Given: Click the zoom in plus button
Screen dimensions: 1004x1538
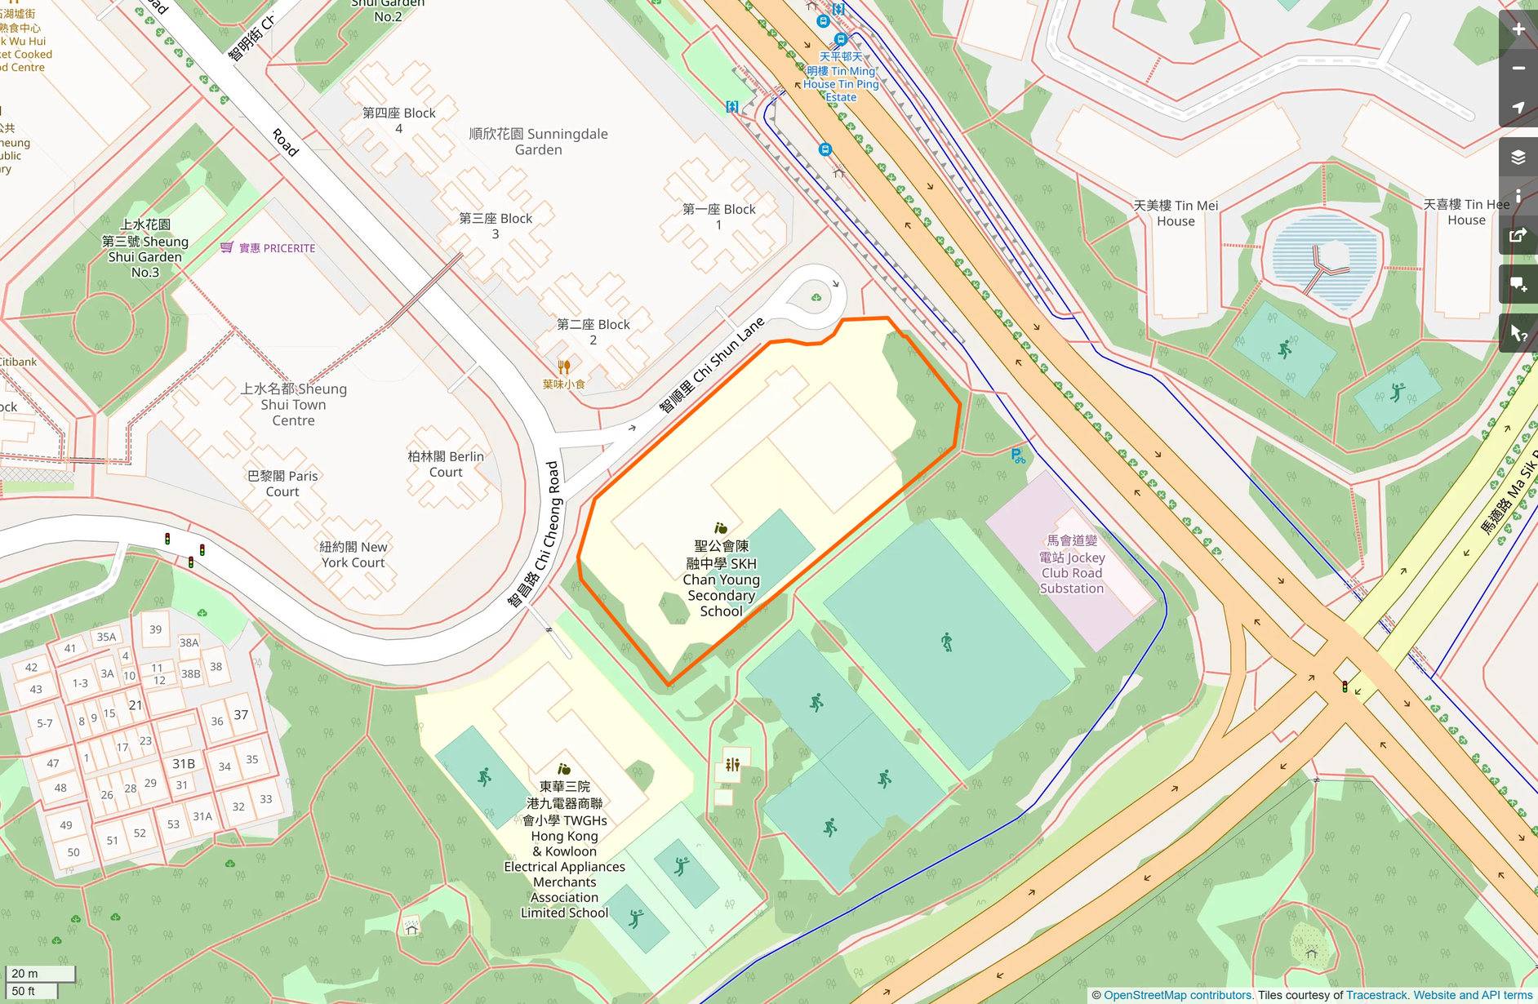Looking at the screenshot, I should coord(1518,29).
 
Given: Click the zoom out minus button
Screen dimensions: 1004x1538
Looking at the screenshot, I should coord(1518,69).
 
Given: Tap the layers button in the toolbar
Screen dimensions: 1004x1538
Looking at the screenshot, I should coord(1518,157).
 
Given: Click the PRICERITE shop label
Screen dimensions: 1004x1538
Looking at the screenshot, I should coord(277,248).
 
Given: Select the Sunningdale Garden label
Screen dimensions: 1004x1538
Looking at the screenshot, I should coord(538,141).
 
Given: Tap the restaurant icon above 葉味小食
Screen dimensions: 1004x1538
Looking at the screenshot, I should coord(563,367).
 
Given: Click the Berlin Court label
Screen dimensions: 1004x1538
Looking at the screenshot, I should coord(446,464).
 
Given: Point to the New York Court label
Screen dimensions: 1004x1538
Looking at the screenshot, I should coord(353,554).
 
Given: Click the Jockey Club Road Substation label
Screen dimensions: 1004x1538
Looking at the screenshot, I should coord(1071,564).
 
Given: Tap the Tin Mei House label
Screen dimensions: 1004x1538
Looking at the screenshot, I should coord(1176,213).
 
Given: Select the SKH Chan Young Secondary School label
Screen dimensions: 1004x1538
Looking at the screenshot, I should coord(721,578).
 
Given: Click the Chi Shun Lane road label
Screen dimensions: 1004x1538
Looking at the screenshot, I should coord(711,365).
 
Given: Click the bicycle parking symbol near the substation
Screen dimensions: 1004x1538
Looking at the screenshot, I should coord(1017,456).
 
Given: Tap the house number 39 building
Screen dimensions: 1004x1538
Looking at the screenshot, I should coord(155,629).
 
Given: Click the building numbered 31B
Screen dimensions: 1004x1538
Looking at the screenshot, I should coord(183,763).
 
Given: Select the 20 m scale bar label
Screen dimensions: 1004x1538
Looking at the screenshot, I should coord(25,973).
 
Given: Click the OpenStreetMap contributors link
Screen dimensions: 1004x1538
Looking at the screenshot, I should coord(1177,995).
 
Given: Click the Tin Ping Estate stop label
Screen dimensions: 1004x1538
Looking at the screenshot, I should coord(841,77).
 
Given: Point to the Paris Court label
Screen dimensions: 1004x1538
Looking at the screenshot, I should coord(282,483).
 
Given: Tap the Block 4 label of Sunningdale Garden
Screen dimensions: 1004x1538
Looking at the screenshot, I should coord(398,120).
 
